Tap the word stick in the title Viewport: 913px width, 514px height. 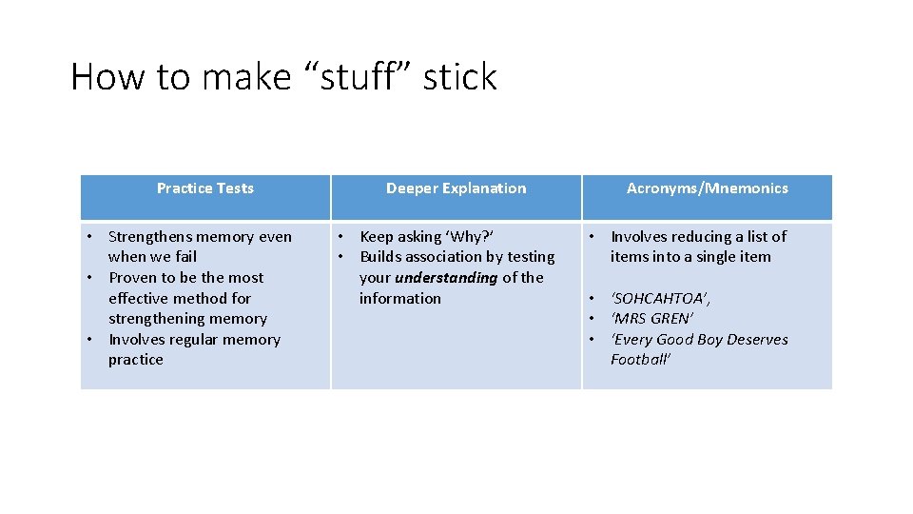(460, 77)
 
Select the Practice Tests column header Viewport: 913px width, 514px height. (205, 188)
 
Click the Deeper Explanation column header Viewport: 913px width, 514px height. (456, 188)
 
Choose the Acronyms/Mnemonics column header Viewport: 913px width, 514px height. (707, 188)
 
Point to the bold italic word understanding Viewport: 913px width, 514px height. (446, 278)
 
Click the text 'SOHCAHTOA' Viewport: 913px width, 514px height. (660, 299)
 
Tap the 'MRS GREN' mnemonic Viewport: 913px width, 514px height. (652, 319)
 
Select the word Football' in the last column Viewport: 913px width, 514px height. (641, 360)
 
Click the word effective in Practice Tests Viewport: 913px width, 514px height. (139, 299)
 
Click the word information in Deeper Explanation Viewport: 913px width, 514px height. (400, 299)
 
